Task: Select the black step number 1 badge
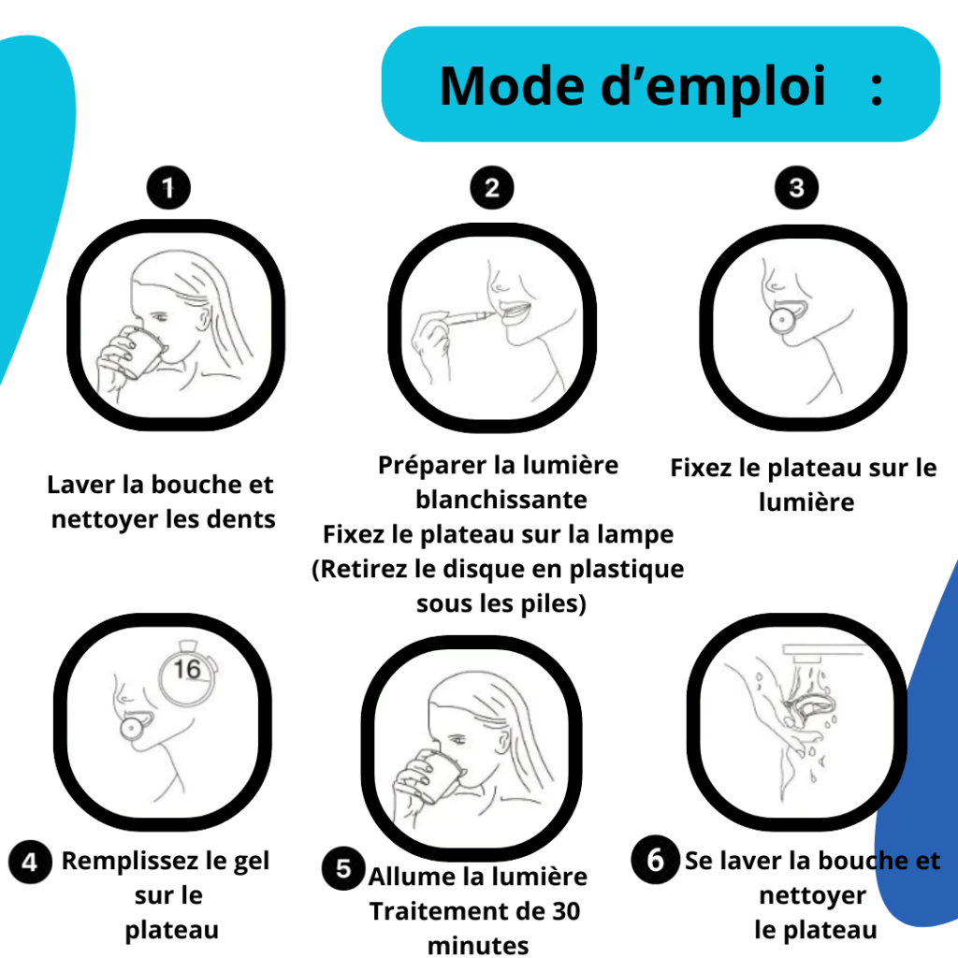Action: pos(168,187)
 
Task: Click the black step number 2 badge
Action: pos(492,187)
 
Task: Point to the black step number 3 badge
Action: pos(797,187)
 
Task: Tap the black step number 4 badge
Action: pos(30,862)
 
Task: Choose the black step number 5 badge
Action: pos(343,868)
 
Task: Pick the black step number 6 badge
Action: pos(655,860)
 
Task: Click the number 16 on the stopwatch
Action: pos(187,669)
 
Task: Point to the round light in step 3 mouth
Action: pos(781,320)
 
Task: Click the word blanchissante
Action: pos(501,500)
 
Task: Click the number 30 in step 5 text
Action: pos(566,911)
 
